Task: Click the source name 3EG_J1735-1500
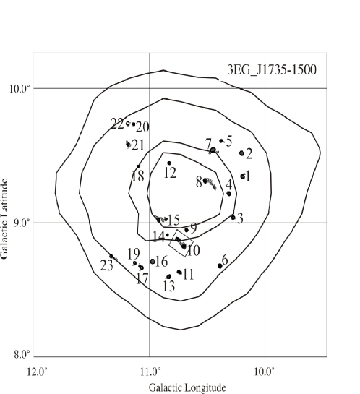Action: (x=272, y=69)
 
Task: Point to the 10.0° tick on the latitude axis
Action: (x=22, y=89)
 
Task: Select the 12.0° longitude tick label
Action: (x=37, y=372)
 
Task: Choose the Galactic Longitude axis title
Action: (x=187, y=387)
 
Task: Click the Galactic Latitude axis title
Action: (x=4, y=218)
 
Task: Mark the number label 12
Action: (x=170, y=173)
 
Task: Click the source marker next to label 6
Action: (x=220, y=266)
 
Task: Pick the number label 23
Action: (x=106, y=265)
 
